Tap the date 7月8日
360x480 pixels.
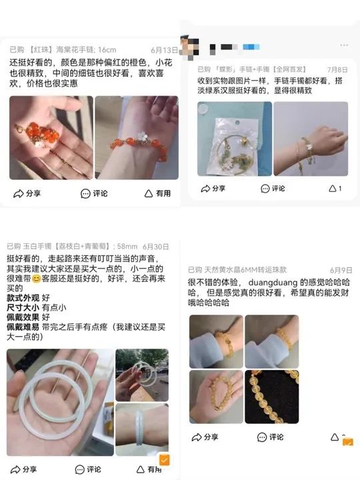point(337,69)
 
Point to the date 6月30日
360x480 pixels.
point(155,246)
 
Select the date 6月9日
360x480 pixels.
point(341,270)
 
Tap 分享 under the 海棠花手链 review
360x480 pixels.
point(27,193)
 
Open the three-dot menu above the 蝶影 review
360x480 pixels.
point(343,45)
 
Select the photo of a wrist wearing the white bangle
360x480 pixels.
point(142,428)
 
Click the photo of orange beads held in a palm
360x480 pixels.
point(51,137)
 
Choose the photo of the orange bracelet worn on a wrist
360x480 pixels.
point(137,137)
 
